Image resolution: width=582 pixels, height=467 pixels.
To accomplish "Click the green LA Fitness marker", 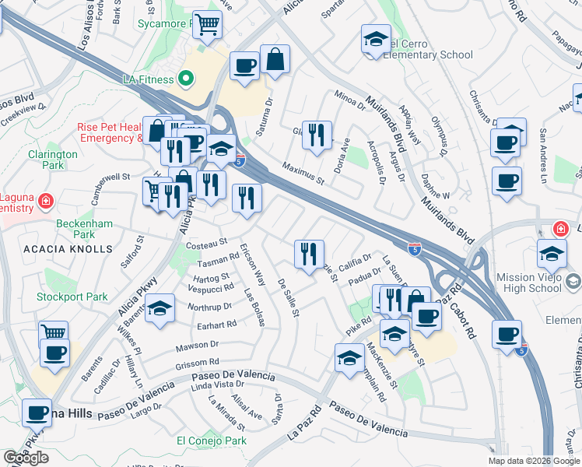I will click(185, 79).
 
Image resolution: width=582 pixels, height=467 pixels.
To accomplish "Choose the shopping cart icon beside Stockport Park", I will click(53, 333).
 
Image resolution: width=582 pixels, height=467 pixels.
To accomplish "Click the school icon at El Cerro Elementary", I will click(375, 40).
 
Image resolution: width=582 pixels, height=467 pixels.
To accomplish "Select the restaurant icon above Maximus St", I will click(317, 135).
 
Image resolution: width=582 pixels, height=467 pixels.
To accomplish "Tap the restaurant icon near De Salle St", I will click(309, 253).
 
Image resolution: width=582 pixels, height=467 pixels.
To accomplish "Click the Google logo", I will click(26, 458).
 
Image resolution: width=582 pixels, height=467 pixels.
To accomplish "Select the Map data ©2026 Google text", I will click(533, 460).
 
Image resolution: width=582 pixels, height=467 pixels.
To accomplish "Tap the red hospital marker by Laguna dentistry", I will click(46, 202).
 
